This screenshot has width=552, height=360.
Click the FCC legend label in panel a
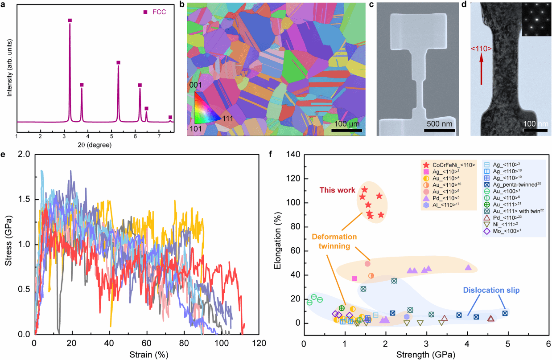pos(158,12)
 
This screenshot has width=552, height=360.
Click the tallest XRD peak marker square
pos(70,20)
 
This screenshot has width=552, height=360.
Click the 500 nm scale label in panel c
pos(439,123)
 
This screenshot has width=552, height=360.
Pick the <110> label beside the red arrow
pos(481,47)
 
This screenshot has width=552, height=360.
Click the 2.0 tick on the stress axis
pos(25,154)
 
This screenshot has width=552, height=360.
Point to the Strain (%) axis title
pos(146,355)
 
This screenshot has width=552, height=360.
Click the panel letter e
pos(4,155)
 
